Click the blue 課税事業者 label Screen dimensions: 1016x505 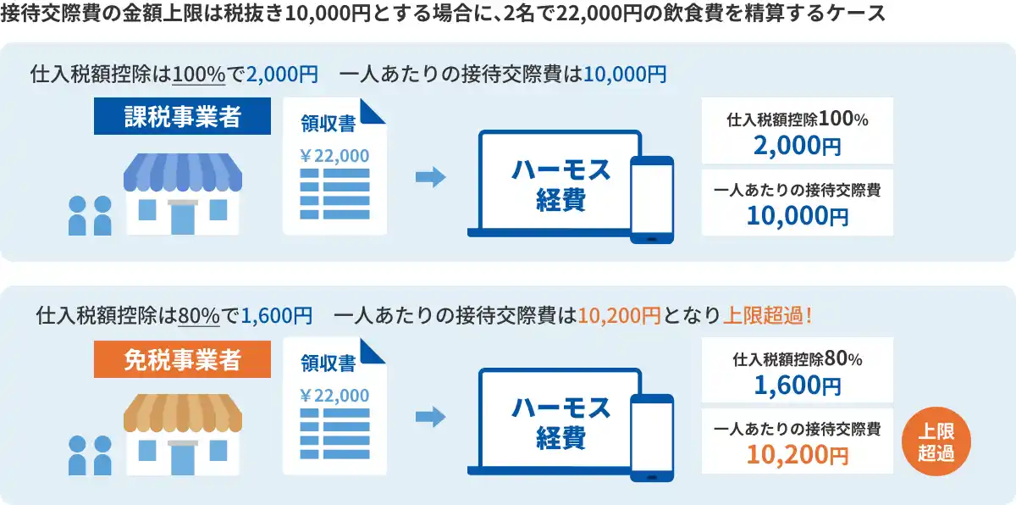point(182,116)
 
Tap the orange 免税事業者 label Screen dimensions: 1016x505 point(182,359)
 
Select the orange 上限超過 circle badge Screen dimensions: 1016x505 point(936,441)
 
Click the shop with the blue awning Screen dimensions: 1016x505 point(183,194)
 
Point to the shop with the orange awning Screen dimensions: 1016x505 point(183,434)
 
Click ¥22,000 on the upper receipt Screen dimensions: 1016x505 point(334,156)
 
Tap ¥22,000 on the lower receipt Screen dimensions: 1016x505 point(334,395)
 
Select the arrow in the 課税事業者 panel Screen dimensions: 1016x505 point(431,176)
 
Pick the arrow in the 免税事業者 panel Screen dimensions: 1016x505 point(431,417)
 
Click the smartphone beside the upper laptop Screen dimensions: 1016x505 point(652,200)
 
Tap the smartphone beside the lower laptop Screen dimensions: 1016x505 point(652,438)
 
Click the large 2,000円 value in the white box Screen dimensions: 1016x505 point(798,146)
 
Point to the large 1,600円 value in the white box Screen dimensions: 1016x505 point(798,386)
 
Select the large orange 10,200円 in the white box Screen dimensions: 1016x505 point(798,455)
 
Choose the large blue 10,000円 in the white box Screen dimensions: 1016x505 point(798,215)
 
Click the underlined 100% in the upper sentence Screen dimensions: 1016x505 point(199,75)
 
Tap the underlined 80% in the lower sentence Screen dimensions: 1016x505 point(199,316)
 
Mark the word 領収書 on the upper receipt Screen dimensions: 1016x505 point(329,124)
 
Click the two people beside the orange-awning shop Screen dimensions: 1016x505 point(90,455)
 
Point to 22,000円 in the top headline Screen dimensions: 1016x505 point(599,14)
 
